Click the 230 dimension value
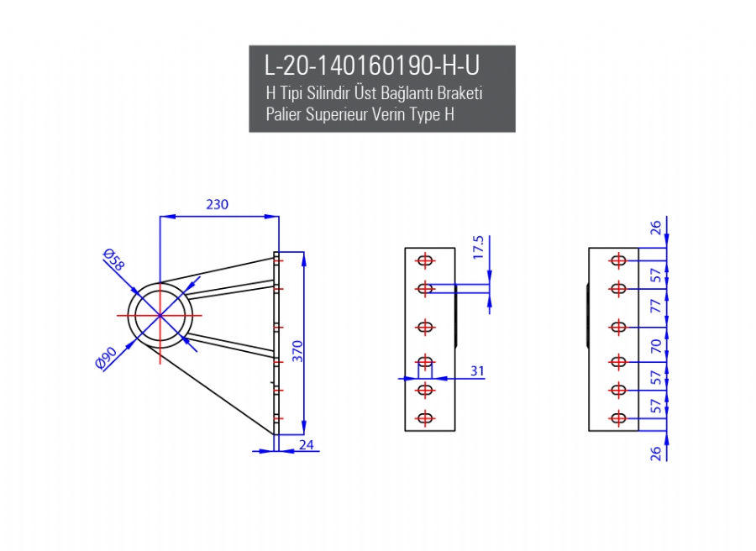[x=217, y=204]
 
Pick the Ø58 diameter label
[x=113, y=260]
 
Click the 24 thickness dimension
[x=307, y=444]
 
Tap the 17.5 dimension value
[x=479, y=248]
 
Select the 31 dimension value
[x=477, y=370]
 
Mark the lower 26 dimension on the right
[x=657, y=453]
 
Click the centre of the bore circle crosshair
[x=160, y=315]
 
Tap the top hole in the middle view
[x=425, y=260]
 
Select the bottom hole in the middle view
[x=425, y=417]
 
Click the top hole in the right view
[x=619, y=260]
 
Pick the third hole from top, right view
[x=619, y=326]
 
